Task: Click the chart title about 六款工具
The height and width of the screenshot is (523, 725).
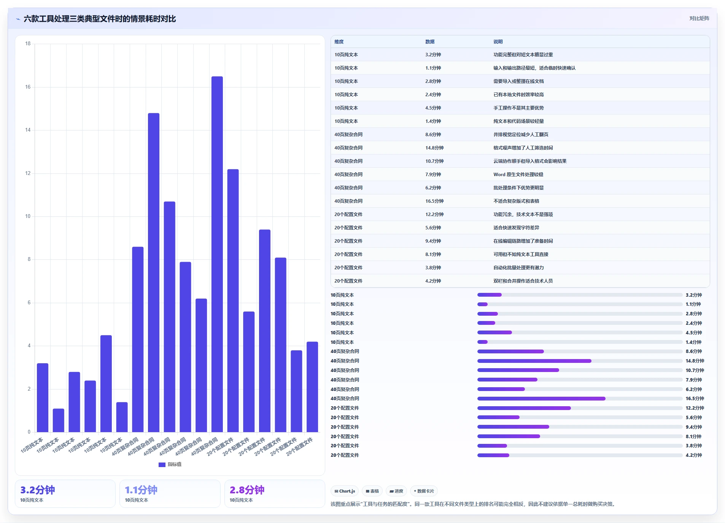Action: pos(100,19)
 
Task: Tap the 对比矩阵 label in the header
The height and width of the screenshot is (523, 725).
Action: pos(699,18)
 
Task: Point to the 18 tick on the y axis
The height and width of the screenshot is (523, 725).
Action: pos(28,44)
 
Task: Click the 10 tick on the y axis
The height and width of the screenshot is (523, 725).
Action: pos(28,216)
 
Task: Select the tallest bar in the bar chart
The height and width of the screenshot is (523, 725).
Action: pos(217,254)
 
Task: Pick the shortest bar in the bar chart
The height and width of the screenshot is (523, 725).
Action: pos(59,420)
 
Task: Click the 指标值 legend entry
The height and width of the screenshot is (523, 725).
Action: pos(170,464)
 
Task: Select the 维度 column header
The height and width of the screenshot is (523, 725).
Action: pos(339,42)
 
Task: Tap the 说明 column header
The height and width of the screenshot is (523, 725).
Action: pos(498,42)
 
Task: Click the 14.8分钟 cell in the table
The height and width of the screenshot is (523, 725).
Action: pos(434,148)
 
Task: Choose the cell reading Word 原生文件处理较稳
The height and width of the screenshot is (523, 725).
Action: pos(518,175)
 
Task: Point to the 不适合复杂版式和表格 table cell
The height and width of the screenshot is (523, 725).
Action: pos(516,201)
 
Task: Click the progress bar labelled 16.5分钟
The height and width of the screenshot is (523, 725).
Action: pos(580,399)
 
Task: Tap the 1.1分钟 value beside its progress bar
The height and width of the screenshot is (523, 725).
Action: pos(693,304)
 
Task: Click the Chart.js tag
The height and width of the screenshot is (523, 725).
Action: pos(345,491)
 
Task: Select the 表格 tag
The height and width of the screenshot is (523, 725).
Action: pos(372,491)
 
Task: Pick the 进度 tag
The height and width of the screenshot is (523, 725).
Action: pos(396,491)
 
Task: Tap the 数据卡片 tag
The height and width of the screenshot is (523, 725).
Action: pos(424,491)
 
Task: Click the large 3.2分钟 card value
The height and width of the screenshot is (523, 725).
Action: pos(38,490)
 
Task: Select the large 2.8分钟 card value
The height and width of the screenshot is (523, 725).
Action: pos(247,490)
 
